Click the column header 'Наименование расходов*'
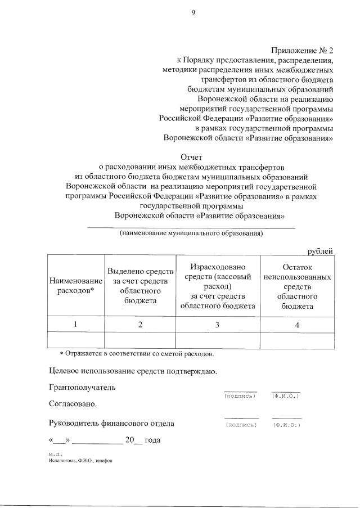click(x=76, y=285)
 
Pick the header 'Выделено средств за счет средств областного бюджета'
click(x=139, y=285)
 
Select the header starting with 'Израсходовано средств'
click(x=217, y=285)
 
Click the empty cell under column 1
click(x=76, y=340)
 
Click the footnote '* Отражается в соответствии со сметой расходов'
click(x=137, y=354)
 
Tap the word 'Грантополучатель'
click(x=82, y=388)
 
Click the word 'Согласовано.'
click(x=73, y=404)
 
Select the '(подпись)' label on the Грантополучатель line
click(x=240, y=396)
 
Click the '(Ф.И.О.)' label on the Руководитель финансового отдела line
click(x=286, y=425)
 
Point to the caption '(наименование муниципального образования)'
click(x=191, y=233)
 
